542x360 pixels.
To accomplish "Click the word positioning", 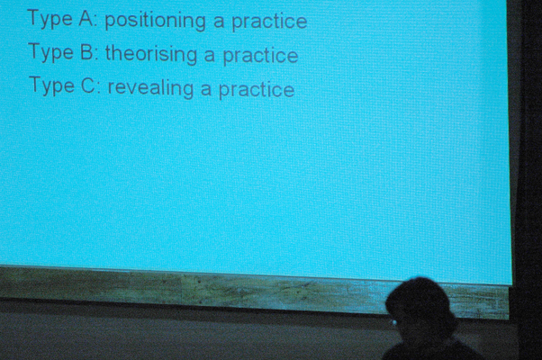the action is (155, 22).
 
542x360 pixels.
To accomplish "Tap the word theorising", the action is (151, 55).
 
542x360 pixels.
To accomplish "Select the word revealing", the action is (150, 88).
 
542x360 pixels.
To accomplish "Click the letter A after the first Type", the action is (86, 19).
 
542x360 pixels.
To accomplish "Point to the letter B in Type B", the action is (86, 52).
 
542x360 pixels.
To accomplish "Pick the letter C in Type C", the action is (88, 85).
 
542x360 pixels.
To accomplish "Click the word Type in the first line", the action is (50, 19).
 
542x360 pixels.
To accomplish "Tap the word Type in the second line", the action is (50, 52).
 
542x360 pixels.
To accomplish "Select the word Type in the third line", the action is (52, 85).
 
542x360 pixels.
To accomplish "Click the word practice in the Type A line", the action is (269, 22).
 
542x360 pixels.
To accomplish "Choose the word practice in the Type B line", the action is (260, 57).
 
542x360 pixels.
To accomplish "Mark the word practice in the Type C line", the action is (257, 90).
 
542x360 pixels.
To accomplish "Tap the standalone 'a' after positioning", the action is (219, 22).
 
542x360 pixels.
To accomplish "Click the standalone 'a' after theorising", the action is (210, 57).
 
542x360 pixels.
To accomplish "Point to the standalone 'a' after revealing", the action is (206, 90).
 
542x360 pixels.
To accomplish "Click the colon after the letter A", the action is (96, 22).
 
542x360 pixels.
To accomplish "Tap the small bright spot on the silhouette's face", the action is (394, 323).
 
